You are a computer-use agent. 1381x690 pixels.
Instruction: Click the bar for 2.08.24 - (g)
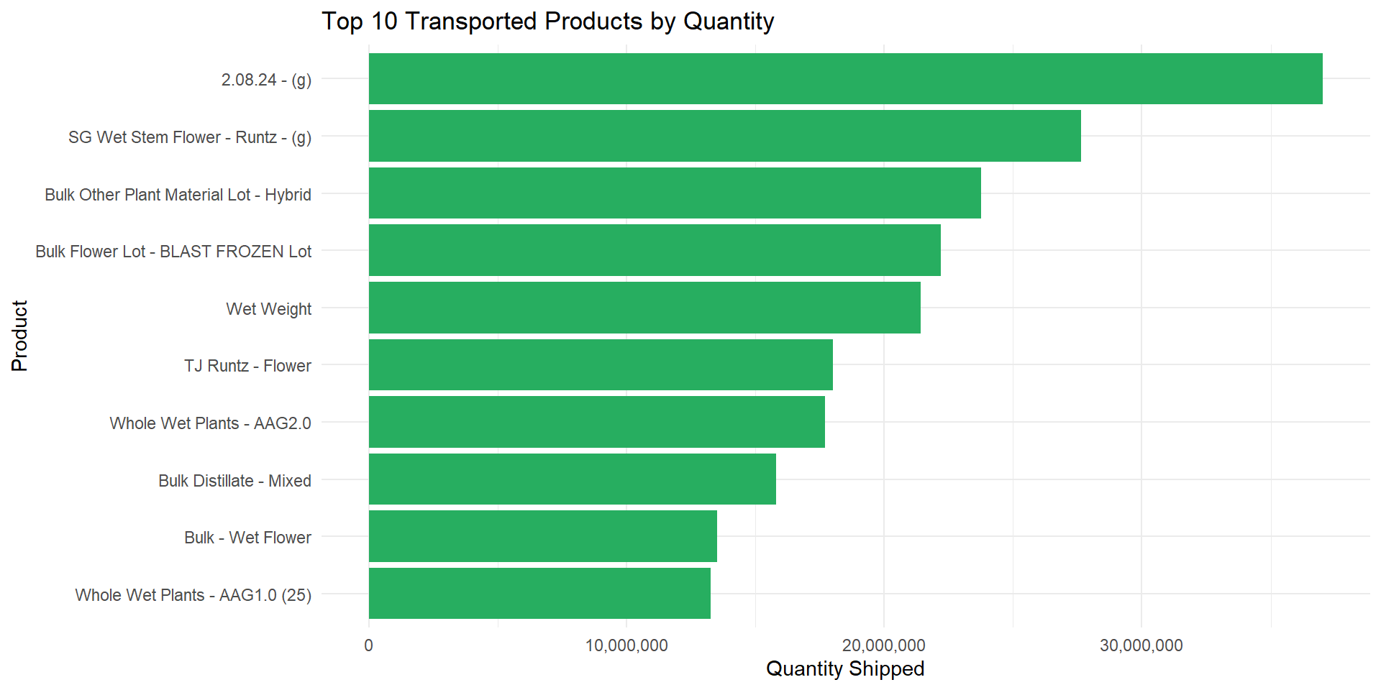845,79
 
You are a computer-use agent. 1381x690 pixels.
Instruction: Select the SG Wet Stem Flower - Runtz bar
724,136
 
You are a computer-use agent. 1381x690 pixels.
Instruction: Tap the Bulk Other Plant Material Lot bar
675,193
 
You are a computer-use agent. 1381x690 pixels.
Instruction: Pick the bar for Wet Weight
644,308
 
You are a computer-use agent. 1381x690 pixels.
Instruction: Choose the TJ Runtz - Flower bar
601,365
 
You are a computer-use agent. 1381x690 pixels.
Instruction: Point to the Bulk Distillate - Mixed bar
572,479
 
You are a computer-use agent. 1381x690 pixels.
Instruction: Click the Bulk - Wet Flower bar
542,536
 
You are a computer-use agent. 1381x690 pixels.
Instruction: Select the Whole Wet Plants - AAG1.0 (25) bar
539,594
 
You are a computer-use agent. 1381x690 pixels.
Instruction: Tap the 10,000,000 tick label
626,645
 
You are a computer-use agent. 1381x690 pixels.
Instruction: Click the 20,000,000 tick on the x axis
884,645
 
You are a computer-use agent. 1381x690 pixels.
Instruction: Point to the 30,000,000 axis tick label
1141,645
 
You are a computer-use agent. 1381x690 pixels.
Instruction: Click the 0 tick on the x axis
369,645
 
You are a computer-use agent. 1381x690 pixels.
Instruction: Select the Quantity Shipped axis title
845,669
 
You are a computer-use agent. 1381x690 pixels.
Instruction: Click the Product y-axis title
19,336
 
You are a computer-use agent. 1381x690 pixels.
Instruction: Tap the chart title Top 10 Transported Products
547,22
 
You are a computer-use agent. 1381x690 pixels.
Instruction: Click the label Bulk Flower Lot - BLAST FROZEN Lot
173,252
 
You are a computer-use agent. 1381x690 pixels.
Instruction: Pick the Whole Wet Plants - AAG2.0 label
210,423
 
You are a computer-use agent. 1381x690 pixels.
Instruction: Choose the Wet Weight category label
268,309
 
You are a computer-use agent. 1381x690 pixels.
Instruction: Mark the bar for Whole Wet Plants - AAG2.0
596,422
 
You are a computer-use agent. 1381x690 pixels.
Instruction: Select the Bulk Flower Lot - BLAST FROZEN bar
655,250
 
